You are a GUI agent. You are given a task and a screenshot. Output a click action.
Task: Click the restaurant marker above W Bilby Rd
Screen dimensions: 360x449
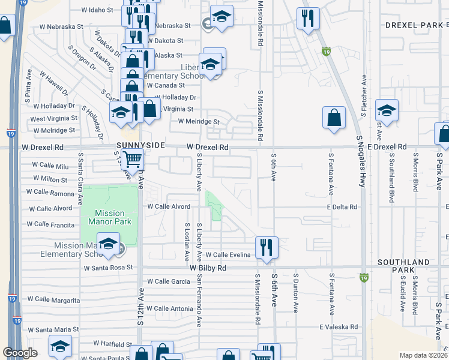[265, 247]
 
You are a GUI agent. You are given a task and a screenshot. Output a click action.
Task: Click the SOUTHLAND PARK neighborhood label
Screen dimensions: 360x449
[403, 266]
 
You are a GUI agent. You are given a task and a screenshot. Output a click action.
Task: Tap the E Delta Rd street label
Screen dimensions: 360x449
[342, 207]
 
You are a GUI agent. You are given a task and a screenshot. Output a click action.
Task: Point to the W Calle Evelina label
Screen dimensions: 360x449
[229, 255]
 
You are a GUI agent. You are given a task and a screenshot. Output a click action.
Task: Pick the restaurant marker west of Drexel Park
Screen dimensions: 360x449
[308, 17]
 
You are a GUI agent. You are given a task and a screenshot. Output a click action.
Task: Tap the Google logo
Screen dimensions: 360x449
[20, 353]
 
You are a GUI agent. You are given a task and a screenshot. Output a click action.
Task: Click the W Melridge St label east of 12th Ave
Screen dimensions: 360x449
[199, 122]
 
